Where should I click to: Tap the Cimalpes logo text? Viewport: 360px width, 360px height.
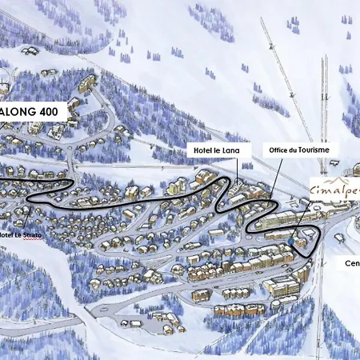(334, 190)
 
